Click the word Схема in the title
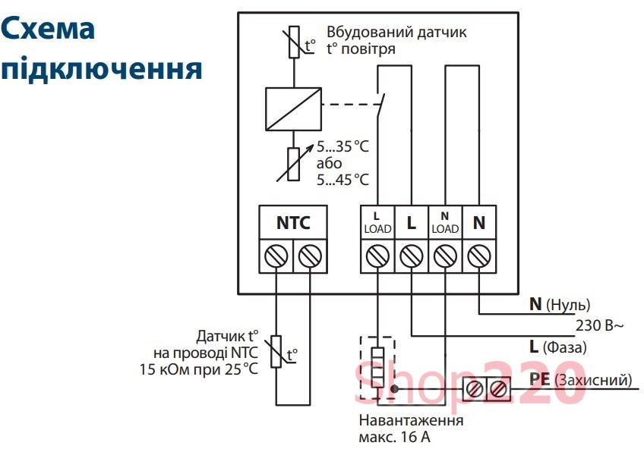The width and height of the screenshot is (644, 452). pyautogui.click(x=48, y=29)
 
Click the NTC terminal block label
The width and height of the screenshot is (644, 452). pyautogui.click(x=292, y=223)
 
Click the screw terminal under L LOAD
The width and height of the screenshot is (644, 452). pyautogui.click(x=377, y=257)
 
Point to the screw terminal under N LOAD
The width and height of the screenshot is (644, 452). pyautogui.click(x=445, y=257)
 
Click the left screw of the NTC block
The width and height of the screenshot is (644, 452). pyautogui.click(x=275, y=257)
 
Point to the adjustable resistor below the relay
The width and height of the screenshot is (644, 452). pyautogui.click(x=293, y=162)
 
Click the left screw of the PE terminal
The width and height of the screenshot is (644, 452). pyautogui.click(x=475, y=389)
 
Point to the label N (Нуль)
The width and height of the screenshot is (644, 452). pyautogui.click(x=560, y=305)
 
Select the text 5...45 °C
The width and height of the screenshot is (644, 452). pyautogui.click(x=343, y=180)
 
